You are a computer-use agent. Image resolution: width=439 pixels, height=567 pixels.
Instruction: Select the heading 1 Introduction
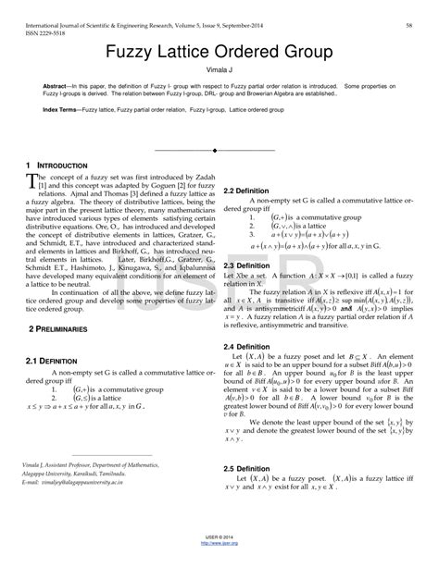tap(57, 165)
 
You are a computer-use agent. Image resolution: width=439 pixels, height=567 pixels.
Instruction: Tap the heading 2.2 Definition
tap(246, 165)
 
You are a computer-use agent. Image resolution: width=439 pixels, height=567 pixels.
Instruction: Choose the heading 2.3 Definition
tap(246, 239)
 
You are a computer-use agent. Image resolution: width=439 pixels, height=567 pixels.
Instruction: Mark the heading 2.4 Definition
tap(246, 321)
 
